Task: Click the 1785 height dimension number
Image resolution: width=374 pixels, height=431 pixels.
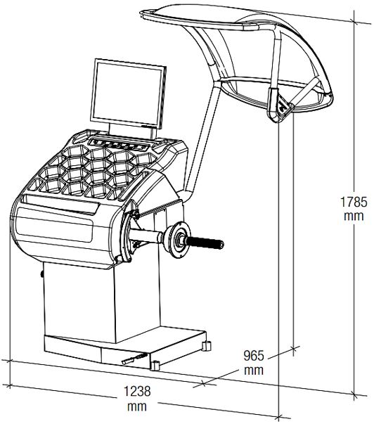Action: coord(354,202)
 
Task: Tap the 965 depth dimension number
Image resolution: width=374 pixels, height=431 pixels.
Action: coord(254,356)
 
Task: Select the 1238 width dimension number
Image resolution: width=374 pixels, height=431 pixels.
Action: coord(137,391)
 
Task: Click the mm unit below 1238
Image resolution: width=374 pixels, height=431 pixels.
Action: coord(137,406)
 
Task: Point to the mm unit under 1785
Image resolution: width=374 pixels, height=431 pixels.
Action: coord(354,216)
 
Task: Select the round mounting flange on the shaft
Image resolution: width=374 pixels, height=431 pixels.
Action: coord(179,240)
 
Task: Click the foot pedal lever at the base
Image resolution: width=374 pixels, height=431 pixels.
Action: coord(135,359)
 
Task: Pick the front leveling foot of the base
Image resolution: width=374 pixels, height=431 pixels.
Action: coord(155,366)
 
